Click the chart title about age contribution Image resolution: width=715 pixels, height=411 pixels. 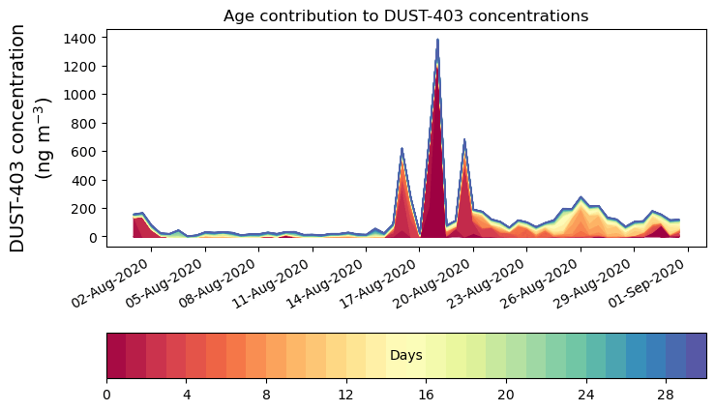tap(405, 15)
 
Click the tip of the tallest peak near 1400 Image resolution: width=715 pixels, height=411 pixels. tap(437, 41)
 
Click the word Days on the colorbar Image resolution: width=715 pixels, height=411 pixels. tap(405, 356)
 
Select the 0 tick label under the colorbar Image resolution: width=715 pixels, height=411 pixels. tap(106, 395)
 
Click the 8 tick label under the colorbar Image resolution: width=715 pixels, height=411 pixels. tap(266, 395)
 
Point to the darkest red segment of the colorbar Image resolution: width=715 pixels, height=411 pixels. tap(116, 356)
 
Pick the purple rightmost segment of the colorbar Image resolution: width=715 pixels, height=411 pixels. tap(696, 356)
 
